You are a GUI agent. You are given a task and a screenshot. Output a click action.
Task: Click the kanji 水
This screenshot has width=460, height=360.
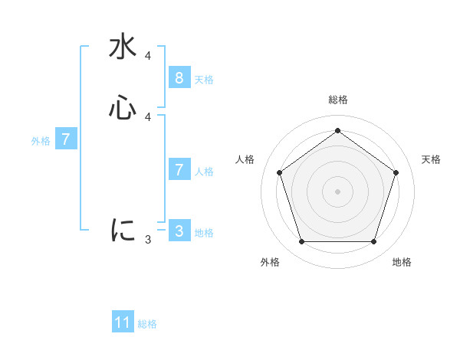pos(123,47)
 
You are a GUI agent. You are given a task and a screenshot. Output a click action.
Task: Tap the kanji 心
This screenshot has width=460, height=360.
pos(123,107)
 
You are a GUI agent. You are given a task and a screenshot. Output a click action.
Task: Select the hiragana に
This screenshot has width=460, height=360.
pos(123,230)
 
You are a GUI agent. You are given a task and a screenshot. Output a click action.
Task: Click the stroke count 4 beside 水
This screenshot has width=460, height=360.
pos(147,56)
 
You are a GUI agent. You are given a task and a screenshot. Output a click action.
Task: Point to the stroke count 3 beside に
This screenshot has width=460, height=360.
pos(147,240)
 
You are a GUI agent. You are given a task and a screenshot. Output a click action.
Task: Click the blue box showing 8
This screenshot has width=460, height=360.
pos(179,78)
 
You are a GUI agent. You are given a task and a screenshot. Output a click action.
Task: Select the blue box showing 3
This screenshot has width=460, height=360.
pos(179,231)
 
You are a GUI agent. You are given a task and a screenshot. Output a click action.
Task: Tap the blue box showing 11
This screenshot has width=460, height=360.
pos(123,322)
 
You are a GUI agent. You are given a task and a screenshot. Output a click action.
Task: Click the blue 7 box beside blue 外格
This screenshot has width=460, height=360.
pos(66,139)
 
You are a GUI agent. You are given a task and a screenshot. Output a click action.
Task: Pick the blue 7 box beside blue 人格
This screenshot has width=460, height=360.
pos(179,170)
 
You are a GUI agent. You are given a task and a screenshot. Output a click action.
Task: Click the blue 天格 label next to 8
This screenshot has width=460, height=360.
pos(204,80)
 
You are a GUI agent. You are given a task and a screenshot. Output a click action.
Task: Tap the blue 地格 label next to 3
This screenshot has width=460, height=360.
pos(204,233)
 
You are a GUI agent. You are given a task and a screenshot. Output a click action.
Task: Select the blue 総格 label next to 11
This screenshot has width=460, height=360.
pos(147,324)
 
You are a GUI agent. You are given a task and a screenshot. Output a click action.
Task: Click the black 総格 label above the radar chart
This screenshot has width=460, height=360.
pos(337,100)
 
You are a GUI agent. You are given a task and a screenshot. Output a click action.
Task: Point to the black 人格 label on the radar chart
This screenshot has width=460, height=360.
pos(245,159)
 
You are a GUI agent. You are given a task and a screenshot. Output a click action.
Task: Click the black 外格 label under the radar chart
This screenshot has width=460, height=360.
pos(270,262)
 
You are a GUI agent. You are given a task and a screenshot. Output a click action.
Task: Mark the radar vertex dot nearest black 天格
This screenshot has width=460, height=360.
pos(396,172)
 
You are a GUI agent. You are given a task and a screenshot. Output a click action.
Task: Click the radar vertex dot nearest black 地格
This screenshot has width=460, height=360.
pos(373,242)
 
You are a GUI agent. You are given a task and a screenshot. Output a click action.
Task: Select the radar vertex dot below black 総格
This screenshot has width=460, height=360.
pos(337,130)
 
